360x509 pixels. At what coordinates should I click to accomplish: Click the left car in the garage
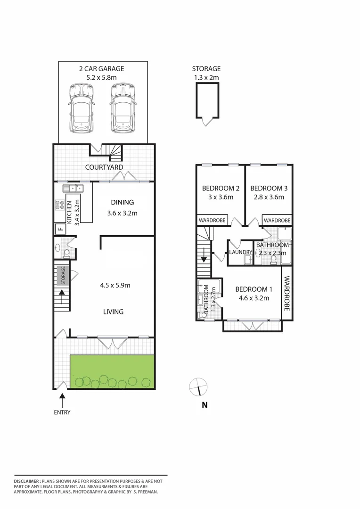[81, 108]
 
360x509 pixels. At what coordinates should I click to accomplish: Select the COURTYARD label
[104, 167]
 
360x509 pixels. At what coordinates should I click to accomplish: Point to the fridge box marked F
[60, 230]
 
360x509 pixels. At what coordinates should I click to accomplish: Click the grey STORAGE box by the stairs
[62, 275]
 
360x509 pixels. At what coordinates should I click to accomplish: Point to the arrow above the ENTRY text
[62, 401]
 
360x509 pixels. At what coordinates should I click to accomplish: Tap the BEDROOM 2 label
[221, 189]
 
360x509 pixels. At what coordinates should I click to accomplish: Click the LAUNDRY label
[240, 253]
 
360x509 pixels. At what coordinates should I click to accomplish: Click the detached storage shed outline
[207, 101]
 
